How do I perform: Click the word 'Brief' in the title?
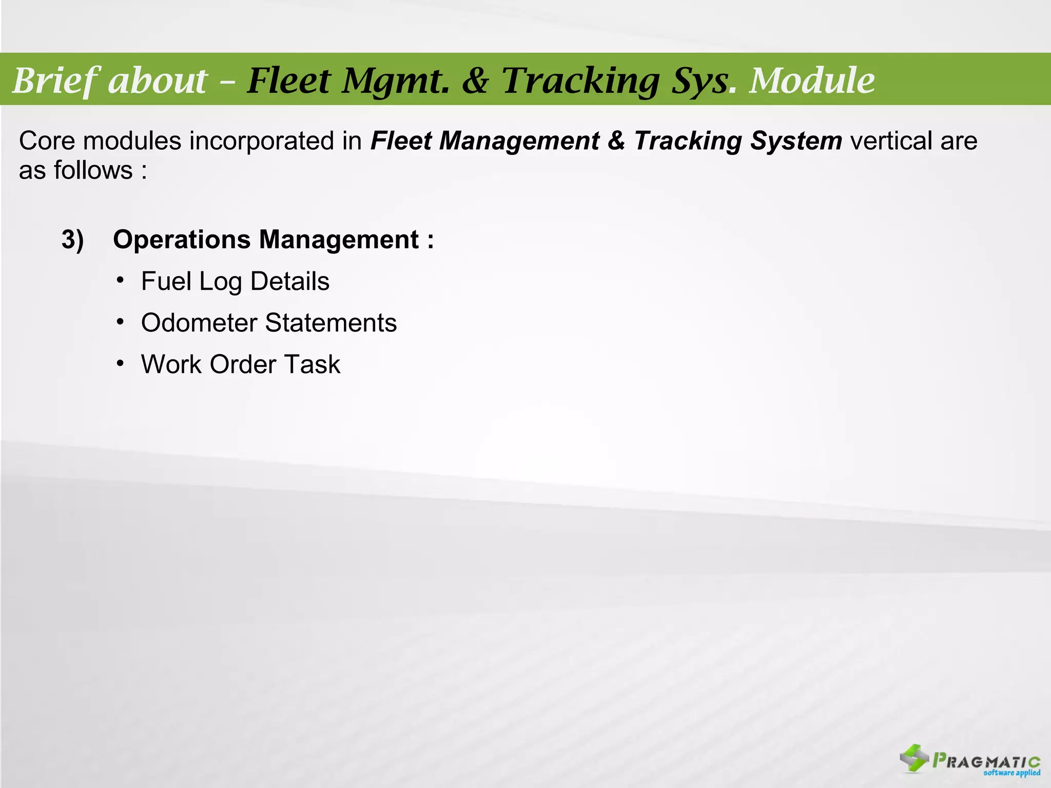pos(56,81)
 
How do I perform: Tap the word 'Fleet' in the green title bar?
pos(289,81)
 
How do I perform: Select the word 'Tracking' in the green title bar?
pos(580,81)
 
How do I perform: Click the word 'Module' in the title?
pos(812,81)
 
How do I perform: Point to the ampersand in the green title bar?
pos(475,82)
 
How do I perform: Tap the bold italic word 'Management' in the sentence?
pos(519,141)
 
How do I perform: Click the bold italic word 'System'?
pos(796,141)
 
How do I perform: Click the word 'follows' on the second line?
pos(93,170)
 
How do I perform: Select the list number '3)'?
pos(72,240)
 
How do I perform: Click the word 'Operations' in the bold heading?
pos(182,240)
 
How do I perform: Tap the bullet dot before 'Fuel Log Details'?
pos(120,281)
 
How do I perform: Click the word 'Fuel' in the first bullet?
pos(166,281)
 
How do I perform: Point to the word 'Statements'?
pos(331,323)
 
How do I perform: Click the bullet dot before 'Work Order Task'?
pos(120,364)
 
